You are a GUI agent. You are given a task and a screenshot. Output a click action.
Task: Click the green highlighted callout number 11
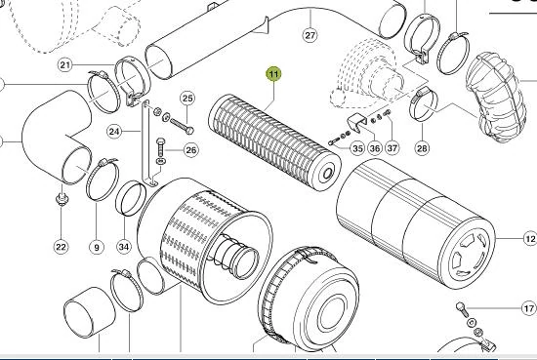tap(273, 74)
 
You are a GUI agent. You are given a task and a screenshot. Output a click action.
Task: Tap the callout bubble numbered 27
tap(310, 35)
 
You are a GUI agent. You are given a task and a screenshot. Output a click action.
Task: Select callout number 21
tap(65, 65)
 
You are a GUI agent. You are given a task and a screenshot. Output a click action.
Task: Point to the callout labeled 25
tap(187, 99)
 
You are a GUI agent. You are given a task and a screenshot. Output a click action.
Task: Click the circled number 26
tap(190, 150)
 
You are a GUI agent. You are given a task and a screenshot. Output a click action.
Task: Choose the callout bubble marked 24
tap(114, 132)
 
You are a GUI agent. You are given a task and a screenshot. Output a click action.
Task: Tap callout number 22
tap(61, 247)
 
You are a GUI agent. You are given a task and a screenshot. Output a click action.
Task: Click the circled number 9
tap(97, 247)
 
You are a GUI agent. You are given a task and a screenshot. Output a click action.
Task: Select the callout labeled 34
tap(124, 247)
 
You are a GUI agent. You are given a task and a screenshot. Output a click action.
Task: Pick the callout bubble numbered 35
tap(357, 148)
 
